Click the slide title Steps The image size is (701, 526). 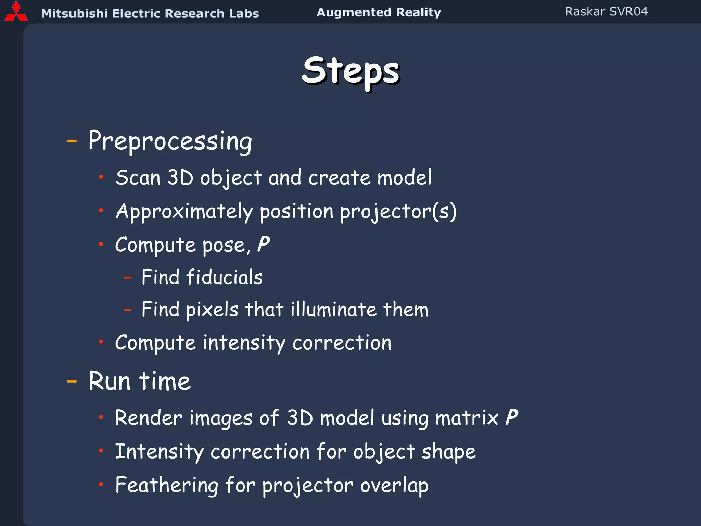pos(350,71)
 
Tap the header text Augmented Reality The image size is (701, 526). pos(379,12)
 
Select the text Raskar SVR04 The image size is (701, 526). pos(606,12)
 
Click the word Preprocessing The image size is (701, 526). pos(170,141)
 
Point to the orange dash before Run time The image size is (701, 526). pos(72,381)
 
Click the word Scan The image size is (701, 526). pos(138,178)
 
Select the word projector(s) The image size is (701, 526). pos(398,211)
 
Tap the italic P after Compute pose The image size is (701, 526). pos(263,245)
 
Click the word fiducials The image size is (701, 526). pos(224,277)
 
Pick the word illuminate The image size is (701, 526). pos(334,310)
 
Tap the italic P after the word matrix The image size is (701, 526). pos(511,417)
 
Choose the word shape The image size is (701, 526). pos(448,452)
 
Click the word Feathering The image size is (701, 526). pos(167,485)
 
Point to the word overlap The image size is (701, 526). pos(394,485)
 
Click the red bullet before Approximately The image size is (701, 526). pos(101,211)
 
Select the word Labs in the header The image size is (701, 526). pos(244,13)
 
